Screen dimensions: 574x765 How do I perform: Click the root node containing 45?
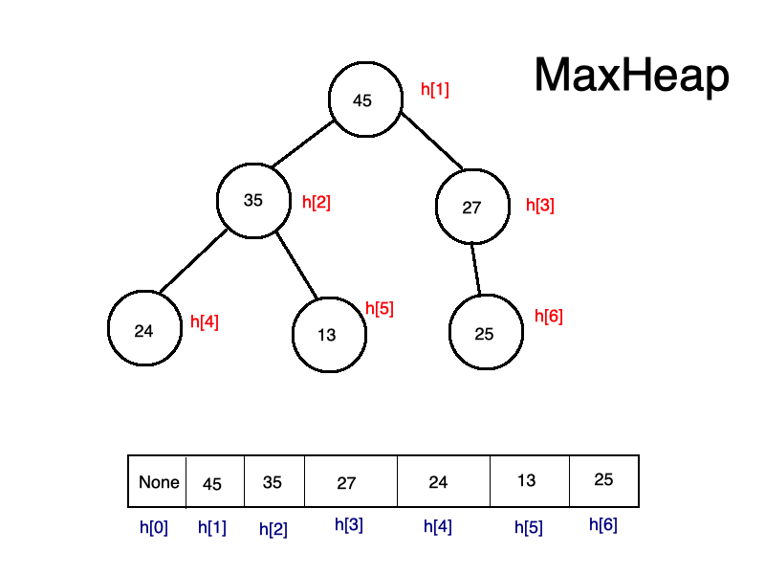click(x=364, y=99)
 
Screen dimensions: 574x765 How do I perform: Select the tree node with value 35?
click(x=253, y=201)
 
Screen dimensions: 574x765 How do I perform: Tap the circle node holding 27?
click(x=472, y=207)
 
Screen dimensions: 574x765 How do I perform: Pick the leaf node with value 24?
click(x=144, y=330)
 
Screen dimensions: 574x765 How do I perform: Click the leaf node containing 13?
click(x=329, y=335)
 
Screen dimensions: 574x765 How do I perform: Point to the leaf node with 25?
click(x=486, y=333)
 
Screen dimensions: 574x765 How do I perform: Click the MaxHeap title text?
click(x=631, y=76)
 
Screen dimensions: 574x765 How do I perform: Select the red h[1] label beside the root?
click(x=435, y=90)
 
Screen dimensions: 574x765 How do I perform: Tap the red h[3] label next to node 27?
click(x=540, y=205)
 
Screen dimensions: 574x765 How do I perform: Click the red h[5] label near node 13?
click(x=380, y=308)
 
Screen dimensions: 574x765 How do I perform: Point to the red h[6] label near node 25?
click(x=548, y=317)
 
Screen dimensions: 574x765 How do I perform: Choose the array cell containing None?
click(x=158, y=482)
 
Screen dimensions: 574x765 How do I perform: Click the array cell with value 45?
click(x=214, y=483)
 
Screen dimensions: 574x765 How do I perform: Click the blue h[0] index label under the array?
click(x=154, y=527)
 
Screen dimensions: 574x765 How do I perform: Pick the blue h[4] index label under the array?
click(x=438, y=527)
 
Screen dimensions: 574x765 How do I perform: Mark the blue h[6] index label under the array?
click(x=603, y=524)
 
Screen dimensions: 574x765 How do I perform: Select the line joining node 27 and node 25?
click(x=475, y=269)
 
